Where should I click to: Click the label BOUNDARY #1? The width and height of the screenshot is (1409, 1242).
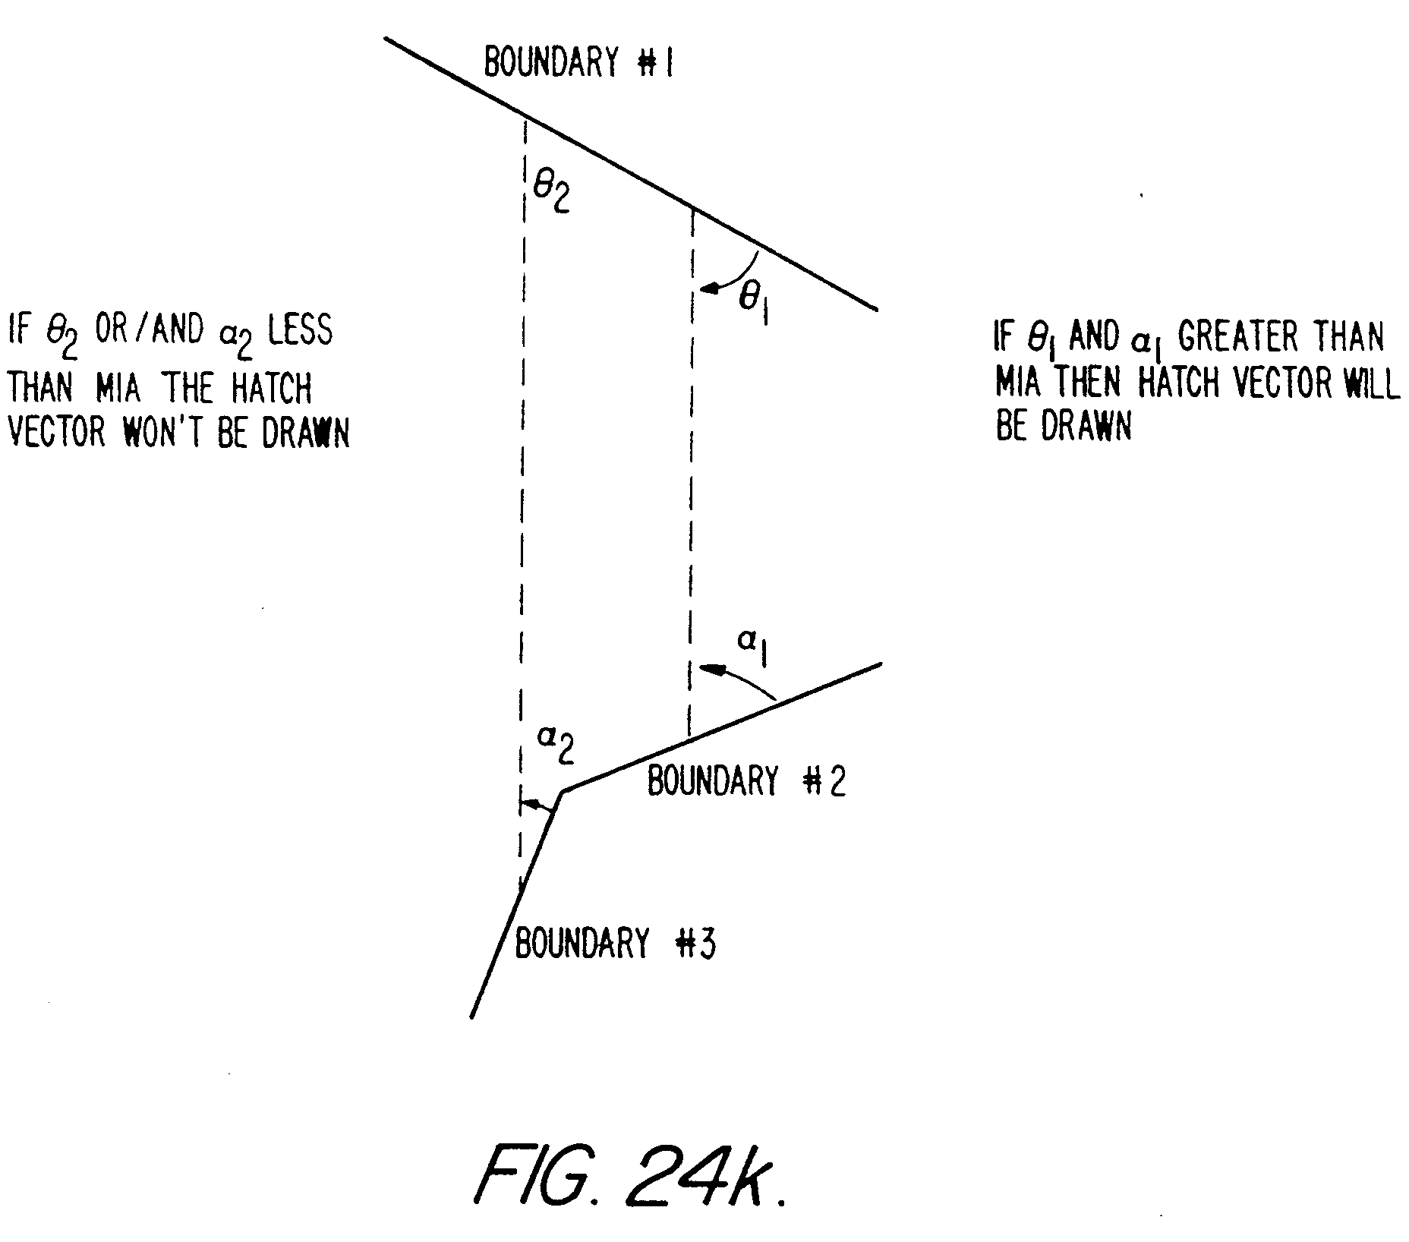coord(578,62)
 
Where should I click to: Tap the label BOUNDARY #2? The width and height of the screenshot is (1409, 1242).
coord(746,780)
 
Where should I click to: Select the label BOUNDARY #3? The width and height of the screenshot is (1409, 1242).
coord(615,944)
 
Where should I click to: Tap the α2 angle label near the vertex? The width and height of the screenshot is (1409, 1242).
coord(555,744)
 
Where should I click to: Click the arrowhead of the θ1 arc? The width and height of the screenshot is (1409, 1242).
coord(708,288)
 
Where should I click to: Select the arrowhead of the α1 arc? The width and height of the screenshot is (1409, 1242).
coord(708,669)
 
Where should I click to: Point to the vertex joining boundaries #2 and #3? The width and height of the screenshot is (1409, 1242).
coord(563,792)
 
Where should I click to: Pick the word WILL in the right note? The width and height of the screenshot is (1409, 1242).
coord(1372,383)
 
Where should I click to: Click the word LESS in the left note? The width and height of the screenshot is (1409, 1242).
coord(300,331)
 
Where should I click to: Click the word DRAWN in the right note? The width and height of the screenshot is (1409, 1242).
coord(1086,427)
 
